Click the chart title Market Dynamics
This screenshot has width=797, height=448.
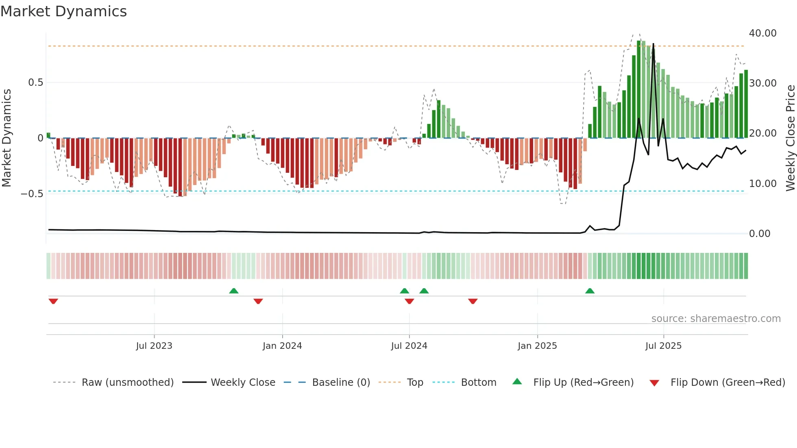(x=64, y=11)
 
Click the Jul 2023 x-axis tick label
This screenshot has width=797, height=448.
(x=154, y=346)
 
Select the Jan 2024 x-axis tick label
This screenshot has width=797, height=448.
(x=282, y=346)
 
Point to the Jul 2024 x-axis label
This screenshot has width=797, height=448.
(x=409, y=346)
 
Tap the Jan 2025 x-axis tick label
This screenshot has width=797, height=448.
(x=537, y=346)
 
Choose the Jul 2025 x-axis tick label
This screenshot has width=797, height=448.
(x=663, y=346)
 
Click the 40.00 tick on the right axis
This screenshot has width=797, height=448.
(x=763, y=33)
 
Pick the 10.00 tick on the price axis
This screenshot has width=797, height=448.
(x=763, y=184)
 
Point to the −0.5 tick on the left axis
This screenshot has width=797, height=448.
(x=32, y=194)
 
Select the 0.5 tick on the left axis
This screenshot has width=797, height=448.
(x=35, y=83)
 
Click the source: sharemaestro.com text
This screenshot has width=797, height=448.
(x=716, y=319)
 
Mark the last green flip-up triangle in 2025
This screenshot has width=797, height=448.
(x=590, y=291)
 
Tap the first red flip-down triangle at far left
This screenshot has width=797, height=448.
(x=53, y=301)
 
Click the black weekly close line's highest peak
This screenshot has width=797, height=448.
(x=653, y=44)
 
